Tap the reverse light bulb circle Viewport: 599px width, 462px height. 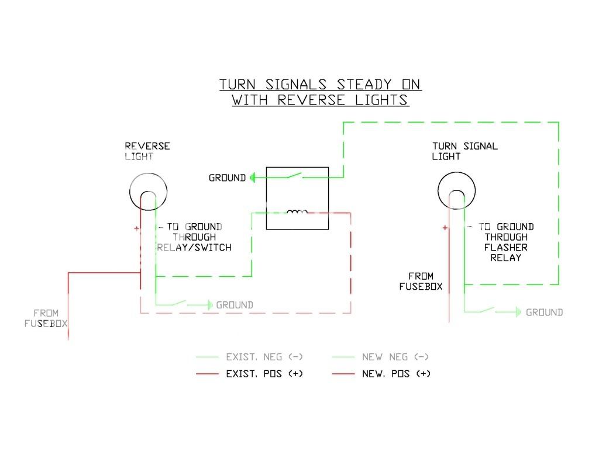click(148, 191)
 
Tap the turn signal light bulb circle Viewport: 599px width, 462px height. click(457, 191)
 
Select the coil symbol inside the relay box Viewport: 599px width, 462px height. click(297, 212)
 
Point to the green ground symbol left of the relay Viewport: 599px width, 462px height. click(253, 178)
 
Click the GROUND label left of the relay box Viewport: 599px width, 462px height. click(227, 178)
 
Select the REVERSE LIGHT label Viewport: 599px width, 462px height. click(147, 151)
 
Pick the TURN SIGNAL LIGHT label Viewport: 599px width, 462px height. click(464, 151)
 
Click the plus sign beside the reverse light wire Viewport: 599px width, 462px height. click(136, 229)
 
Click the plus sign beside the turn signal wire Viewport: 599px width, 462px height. click(445, 228)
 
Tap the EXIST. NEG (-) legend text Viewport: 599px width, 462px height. click(264, 357)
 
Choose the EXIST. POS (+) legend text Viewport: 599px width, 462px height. click(264, 373)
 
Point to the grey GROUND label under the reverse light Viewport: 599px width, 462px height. click(235, 305)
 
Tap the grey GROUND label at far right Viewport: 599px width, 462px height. click(544, 312)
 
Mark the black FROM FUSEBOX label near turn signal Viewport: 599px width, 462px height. click(421, 281)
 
